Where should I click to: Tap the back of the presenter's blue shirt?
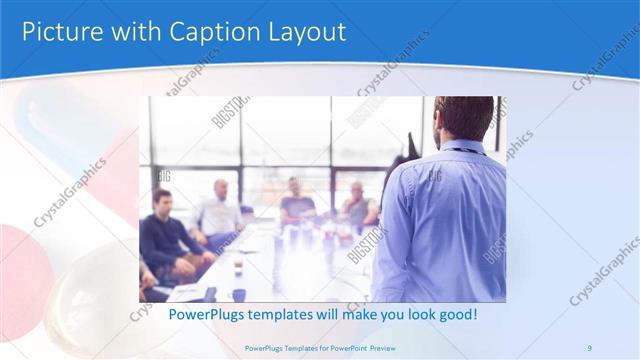(450, 220)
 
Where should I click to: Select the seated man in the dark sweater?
(165, 235)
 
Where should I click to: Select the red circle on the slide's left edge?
(14, 255)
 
